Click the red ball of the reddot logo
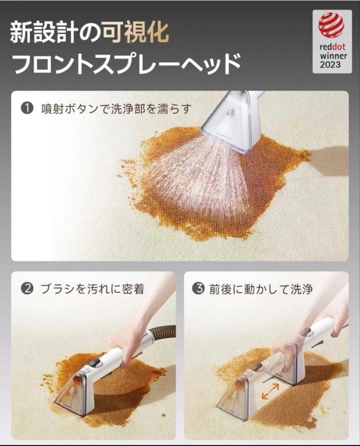pos(331,25)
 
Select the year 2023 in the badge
pos(331,65)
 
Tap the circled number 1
pos(28,109)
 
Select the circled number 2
pos(28,289)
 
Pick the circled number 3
pos(200,289)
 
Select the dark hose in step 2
pos(163,332)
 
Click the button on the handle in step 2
pos(95,362)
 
